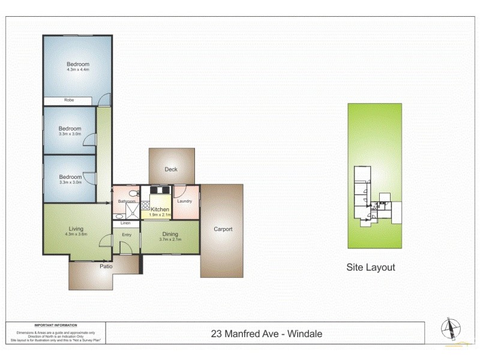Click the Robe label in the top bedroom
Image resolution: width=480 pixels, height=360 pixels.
[70, 101]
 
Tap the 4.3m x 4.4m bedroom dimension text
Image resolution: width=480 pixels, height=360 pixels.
[78, 70]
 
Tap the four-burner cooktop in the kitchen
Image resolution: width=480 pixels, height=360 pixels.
[145, 207]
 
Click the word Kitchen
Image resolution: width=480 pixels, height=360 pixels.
[160, 209]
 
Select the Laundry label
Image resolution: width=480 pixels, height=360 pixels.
[185, 201]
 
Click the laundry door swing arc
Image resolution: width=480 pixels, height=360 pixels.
[179, 192]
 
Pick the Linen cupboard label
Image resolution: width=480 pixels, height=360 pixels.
[126, 223]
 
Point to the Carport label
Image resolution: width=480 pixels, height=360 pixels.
[223, 229]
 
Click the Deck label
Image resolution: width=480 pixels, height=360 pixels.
[171, 170]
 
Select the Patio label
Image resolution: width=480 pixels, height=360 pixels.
[106, 266]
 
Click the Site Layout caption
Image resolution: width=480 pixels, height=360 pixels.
[371, 268]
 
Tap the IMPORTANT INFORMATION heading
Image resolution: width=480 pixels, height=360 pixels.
[56, 324]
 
